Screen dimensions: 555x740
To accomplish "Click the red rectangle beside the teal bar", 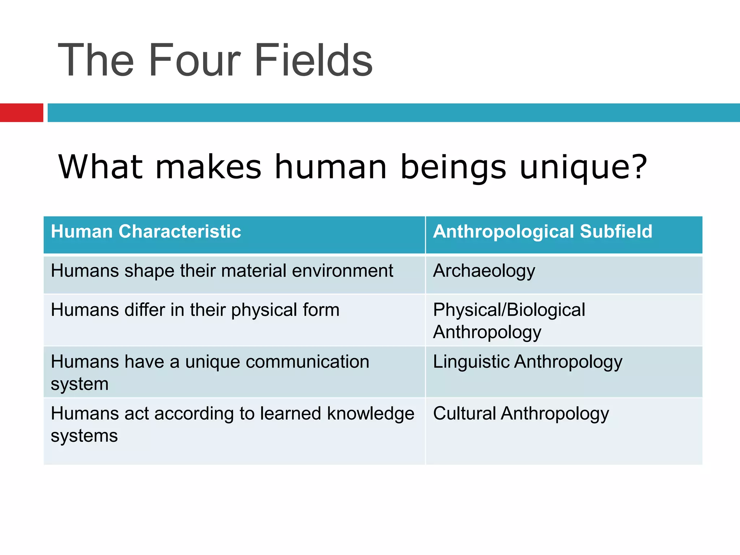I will tap(21, 113).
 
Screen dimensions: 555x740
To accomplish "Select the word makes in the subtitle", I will tap(208, 167).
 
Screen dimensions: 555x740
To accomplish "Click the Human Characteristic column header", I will tap(146, 231).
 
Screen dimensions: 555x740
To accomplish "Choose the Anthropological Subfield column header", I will tap(543, 231).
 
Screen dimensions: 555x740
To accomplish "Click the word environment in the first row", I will tap(342, 271).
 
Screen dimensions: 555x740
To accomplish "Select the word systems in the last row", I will tap(84, 436).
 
